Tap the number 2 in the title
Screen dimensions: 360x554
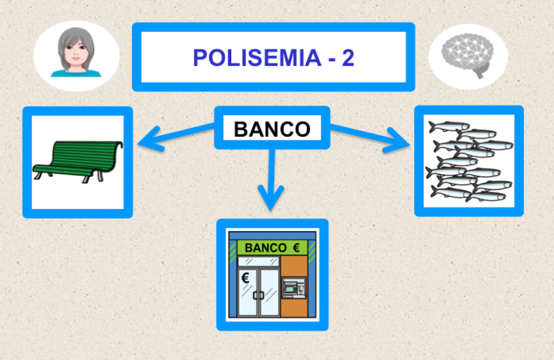[x=348, y=58]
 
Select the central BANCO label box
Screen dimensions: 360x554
[x=272, y=128]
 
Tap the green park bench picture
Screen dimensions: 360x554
[x=78, y=161]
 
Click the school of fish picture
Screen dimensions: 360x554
[x=469, y=161]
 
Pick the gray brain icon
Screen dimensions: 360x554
[x=468, y=57]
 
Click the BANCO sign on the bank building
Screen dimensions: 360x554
[x=266, y=248]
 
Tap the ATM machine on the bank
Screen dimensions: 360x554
[x=293, y=289]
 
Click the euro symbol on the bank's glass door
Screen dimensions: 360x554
[x=245, y=279]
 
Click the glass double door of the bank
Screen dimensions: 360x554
[x=258, y=291]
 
